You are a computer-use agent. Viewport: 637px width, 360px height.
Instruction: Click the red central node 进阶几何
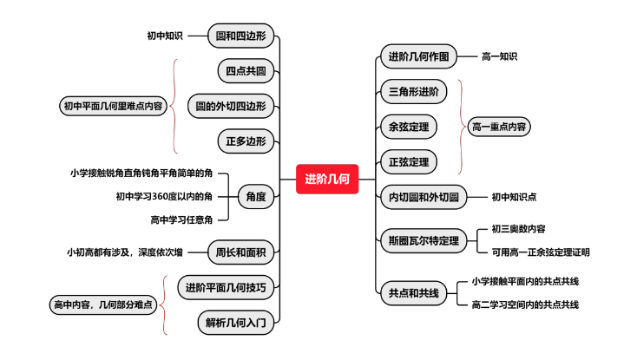tap(327, 179)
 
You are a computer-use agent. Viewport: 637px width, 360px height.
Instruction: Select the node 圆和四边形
tap(242, 36)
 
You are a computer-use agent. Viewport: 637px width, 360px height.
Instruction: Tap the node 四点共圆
tap(246, 70)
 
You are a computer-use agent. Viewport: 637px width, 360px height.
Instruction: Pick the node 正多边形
tap(246, 141)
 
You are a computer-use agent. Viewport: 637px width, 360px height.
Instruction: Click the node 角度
tap(256, 196)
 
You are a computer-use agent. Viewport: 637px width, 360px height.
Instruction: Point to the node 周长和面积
tap(242, 252)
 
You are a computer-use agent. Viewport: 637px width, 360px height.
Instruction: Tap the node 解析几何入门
tap(237, 323)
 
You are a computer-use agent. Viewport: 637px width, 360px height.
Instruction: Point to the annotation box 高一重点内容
tap(499, 127)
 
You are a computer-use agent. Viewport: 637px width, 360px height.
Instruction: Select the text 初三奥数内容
tap(518, 229)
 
